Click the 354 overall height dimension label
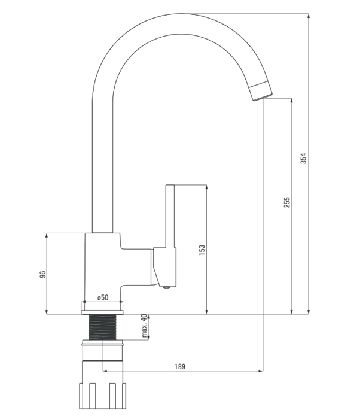pos(304,158)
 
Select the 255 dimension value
pos(287,202)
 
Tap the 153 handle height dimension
pos(202,250)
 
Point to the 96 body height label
pos(42,274)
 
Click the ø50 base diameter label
pos(103,297)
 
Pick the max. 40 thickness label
pos(144,326)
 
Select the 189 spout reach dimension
pos(180,366)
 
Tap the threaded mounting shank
pos(102,327)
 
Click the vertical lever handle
pos(170,217)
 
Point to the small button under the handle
pos(167,287)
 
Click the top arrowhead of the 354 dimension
pos(309,16)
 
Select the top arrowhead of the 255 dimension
pos(291,101)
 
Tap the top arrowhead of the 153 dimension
pos(207,187)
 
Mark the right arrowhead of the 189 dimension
pos(260,371)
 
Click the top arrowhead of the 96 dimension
pos(47,236)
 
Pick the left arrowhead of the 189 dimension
pos(105,371)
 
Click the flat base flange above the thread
pos(102,312)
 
